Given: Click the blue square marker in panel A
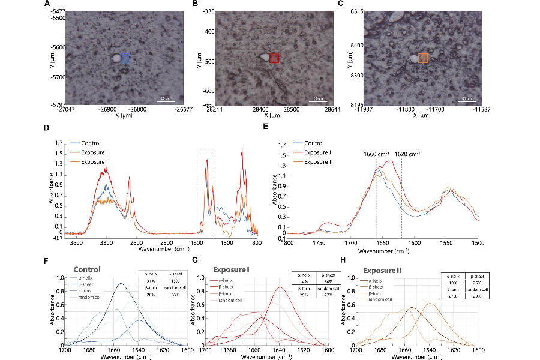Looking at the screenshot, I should pos(124,59).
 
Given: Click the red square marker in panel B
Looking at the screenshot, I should pos(274,58).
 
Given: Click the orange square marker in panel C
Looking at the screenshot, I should pos(423,58).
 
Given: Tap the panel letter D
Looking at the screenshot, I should pos(47,127).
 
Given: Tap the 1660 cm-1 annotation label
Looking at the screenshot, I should pos(376,154).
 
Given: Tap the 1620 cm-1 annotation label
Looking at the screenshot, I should pos(407,154).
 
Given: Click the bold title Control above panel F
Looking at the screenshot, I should pos(86,270).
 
